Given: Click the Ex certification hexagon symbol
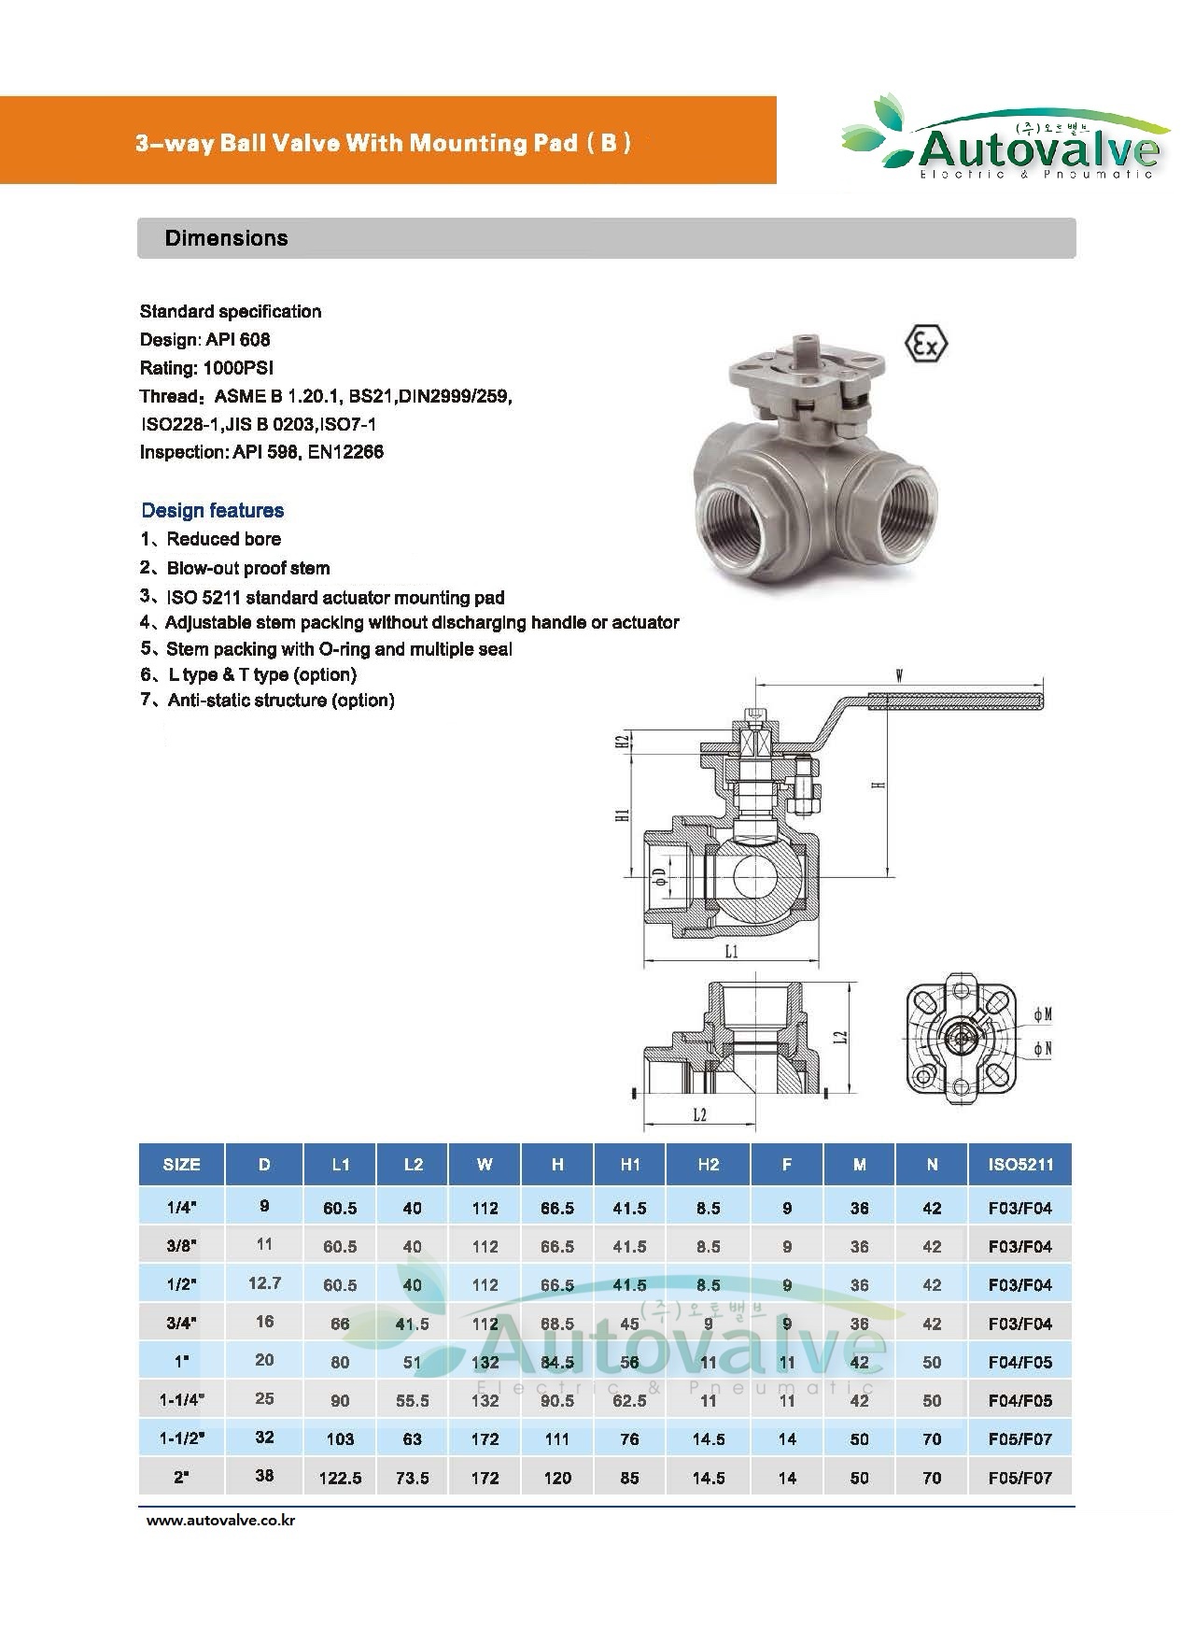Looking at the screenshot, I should (x=926, y=344).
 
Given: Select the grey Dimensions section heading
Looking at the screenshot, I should (x=227, y=238).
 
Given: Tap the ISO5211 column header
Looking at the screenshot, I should (x=1019, y=1165).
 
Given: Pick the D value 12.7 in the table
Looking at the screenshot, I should (x=264, y=1283).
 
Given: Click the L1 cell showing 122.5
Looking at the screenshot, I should (x=340, y=1478).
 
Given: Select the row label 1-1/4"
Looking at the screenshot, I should (x=181, y=1400).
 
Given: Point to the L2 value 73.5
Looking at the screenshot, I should (x=412, y=1478).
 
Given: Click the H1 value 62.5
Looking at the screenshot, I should (x=630, y=1400).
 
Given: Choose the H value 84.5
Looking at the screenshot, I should (x=557, y=1362).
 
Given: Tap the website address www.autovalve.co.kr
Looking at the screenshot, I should (x=221, y=1521).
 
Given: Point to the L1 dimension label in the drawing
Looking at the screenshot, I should (x=732, y=951).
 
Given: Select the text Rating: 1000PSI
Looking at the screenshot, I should (x=206, y=368).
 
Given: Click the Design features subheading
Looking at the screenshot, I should (x=213, y=510).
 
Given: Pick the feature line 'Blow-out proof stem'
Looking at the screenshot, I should (x=247, y=568).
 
